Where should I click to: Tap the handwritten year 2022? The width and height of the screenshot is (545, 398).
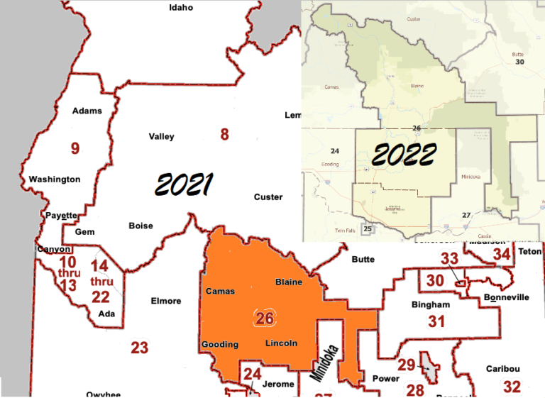coord(404,154)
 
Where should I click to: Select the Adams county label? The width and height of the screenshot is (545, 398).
coord(87,111)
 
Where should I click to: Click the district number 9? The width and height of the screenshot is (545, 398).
coord(75,148)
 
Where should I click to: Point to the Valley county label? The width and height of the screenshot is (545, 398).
coord(161,137)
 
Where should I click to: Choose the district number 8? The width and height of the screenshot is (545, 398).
coord(224,134)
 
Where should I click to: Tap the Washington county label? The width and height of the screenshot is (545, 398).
coord(55,179)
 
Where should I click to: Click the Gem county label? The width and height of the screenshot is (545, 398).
coord(84,232)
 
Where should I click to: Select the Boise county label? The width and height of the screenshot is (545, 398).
coord(141,226)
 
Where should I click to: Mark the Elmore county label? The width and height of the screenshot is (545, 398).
coord(166,301)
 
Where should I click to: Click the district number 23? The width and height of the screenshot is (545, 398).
coord(139,348)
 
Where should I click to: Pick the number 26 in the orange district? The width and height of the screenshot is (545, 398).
coord(265,319)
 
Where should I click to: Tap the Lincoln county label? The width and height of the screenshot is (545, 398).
coord(281,343)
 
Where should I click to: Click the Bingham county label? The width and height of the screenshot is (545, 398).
coord(431,305)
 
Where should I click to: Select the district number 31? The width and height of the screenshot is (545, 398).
coord(436,321)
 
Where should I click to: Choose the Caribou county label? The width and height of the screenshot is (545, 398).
coord(502,369)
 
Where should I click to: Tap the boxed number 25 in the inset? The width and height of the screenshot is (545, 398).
coord(368,228)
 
